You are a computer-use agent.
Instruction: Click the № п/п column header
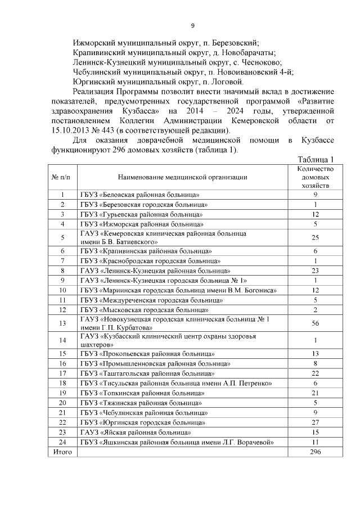(62, 177)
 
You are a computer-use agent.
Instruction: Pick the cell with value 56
(316, 323)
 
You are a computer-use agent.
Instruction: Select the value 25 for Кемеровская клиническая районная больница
(316, 237)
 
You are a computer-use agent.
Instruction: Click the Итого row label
(62, 452)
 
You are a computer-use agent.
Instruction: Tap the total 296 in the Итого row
(316, 452)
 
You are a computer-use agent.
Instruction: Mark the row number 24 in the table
(62, 443)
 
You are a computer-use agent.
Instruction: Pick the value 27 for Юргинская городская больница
(316, 422)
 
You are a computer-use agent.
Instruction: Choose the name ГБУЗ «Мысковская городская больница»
(144, 310)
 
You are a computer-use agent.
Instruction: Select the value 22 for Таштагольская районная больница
(316, 373)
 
